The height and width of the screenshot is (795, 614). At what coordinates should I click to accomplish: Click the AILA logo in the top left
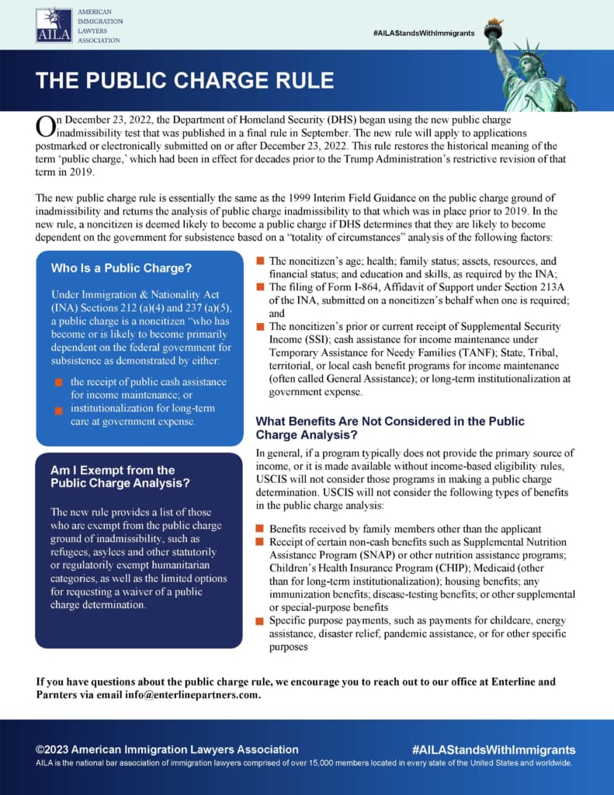(54, 26)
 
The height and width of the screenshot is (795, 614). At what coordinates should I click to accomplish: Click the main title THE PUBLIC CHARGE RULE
(185, 81)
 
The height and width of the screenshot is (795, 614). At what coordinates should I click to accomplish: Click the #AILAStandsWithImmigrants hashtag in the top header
(423, 33)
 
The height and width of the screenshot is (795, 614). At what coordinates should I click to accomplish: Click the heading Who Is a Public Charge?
(121, 269)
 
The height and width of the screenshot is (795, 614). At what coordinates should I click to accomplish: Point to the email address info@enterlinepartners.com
(191, 695)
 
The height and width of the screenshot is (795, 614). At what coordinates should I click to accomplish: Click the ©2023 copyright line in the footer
(167, 749)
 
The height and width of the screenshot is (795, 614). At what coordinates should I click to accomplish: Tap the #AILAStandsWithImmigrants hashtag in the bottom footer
(493, 749)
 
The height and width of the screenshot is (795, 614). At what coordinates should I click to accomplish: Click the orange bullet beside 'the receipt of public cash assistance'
(58, 383)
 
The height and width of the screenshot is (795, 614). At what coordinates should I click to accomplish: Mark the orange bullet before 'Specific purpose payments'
(261, 621)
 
